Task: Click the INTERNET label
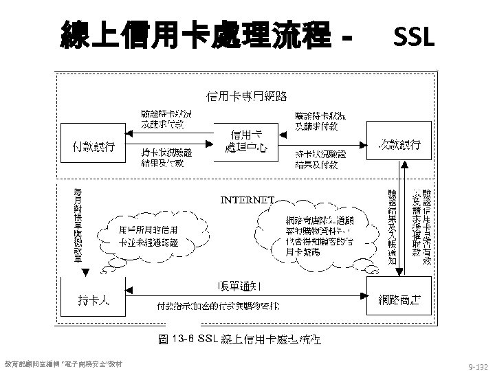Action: coord(247,201)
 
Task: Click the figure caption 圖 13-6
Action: coord(244,340)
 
